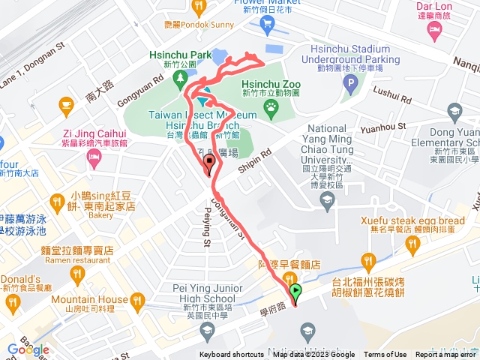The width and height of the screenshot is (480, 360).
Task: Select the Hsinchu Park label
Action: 180,55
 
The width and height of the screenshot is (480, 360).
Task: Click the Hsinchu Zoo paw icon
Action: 270,113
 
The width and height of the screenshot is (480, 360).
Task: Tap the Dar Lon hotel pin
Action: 434,29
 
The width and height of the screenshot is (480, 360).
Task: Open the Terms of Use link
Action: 385,355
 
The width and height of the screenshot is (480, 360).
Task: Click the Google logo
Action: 28,349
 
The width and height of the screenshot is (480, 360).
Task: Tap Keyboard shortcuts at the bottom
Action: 231,355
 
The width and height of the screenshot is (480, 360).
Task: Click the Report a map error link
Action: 445,355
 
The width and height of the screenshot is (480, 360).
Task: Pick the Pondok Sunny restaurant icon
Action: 199,7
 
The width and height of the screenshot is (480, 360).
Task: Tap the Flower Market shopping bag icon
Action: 267,24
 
